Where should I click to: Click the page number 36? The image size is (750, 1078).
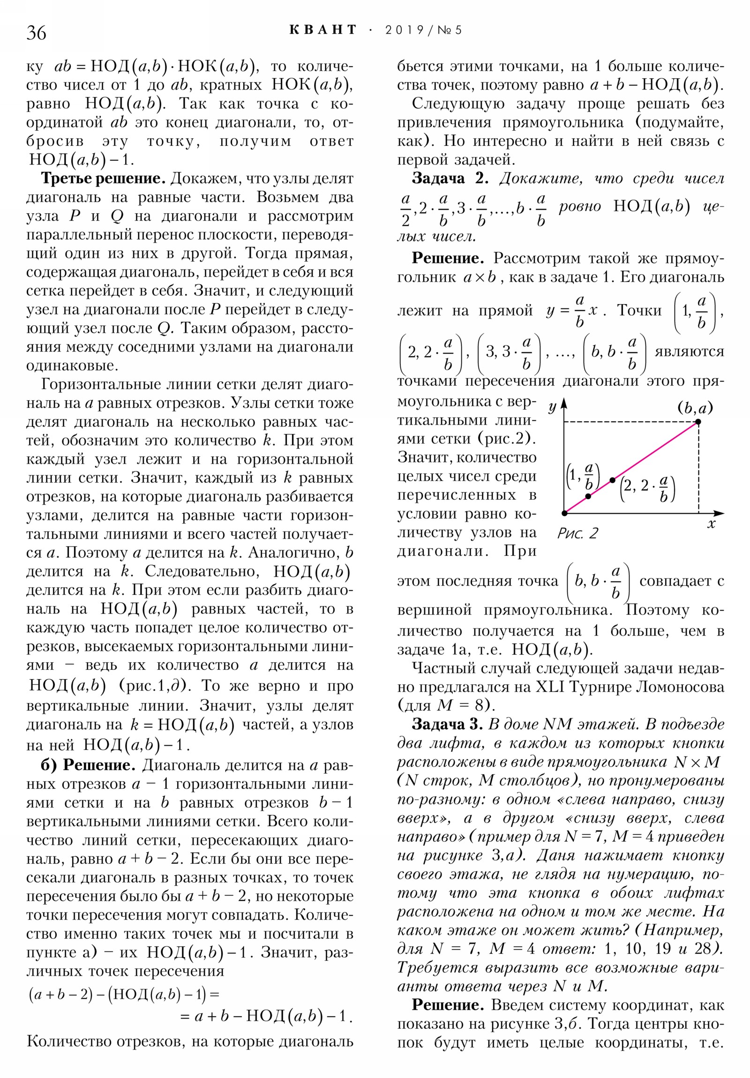coord(36,33)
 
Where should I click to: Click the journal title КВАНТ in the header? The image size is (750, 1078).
coord(323,30)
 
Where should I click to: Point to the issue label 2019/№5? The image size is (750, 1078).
coord(423,30)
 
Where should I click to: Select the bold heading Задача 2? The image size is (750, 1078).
coord(450,179)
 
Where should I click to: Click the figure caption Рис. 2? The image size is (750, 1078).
coord(577,533)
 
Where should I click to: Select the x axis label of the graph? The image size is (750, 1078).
coord(711,524)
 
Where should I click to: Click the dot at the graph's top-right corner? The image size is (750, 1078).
coord(698,422)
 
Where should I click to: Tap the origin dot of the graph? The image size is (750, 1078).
coord(564,513)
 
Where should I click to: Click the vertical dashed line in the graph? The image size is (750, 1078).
coord(698,470)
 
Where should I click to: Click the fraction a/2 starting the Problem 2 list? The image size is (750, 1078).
coord(406,210)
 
